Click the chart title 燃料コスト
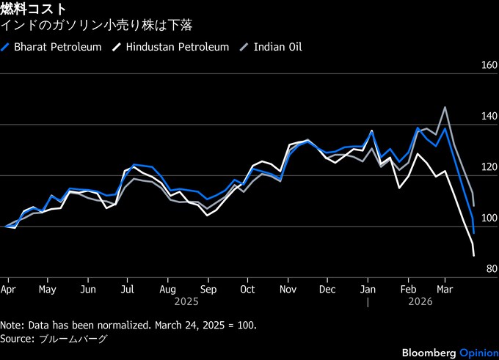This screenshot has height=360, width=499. pos(33,10)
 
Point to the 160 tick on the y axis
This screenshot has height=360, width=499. pos(487,65)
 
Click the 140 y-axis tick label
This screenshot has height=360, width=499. pos(487,117)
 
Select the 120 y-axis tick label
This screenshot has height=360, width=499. pos(487,167)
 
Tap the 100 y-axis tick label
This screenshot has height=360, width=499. pos(487,218)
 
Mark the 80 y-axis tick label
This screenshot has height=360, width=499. pos(489,270)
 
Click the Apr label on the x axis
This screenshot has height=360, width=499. pos(8,289)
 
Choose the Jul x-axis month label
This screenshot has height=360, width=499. pos(126,289)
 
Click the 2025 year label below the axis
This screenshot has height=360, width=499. pos(186,301)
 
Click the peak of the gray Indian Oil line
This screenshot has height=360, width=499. pos(445,107)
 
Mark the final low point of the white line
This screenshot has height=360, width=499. pos(474,255)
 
